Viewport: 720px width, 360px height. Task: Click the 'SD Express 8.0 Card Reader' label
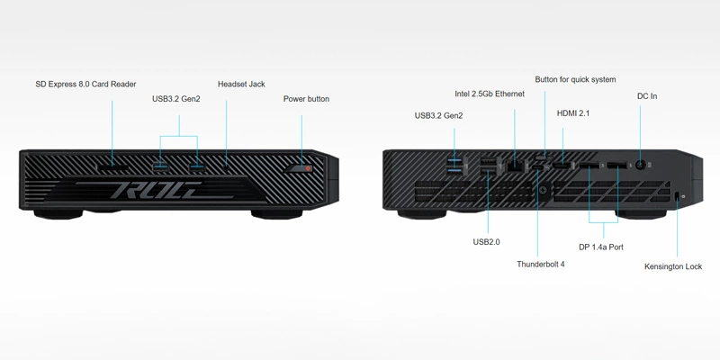[85, 85]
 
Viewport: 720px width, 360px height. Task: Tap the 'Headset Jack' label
[241, 85]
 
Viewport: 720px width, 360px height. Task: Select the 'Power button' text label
[306, 99]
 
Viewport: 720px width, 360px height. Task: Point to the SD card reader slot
[112, 166]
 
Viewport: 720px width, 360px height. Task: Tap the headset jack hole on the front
[227, 166]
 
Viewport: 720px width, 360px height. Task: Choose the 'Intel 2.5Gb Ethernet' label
[489, 94]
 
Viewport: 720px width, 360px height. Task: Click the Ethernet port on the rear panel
[515, 165]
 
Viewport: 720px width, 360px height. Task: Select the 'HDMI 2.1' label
[573, 113]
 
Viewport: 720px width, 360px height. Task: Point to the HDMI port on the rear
[562, 165]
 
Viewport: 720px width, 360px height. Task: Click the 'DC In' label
[647, 96]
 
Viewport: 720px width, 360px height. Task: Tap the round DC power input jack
[640, 165]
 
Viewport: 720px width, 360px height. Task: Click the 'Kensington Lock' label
[673, 266]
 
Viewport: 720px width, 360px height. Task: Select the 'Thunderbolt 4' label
[541, 265]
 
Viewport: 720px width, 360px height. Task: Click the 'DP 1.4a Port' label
[601, 247]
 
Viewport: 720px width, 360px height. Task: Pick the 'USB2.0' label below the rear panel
[486, 242]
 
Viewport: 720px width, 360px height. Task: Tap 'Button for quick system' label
[575, 80]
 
